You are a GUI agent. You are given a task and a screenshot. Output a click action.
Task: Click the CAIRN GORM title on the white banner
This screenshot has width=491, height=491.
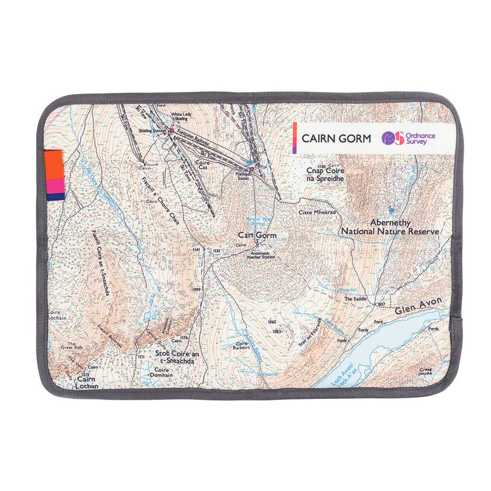tap(336, 139)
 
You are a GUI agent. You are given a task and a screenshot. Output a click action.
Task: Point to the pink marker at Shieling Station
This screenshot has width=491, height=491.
tap(171, 129)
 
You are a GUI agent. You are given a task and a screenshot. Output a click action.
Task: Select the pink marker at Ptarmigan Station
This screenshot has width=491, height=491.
tap(251, 169)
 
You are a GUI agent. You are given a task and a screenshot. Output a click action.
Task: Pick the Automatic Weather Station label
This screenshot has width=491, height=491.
tap(261, 255)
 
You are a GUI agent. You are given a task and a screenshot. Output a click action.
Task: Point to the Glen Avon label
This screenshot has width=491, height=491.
tap(418, 305)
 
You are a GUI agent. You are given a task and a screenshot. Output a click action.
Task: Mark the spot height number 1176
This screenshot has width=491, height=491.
tap(184, 337)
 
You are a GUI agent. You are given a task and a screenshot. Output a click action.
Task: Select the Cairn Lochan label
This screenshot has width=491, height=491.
tap(86, 383)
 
